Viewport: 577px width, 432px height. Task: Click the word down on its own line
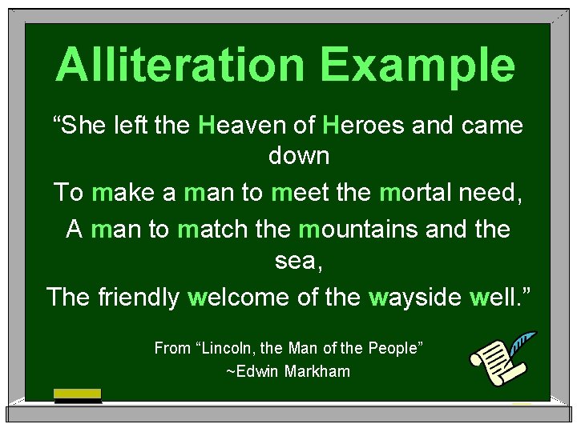(x=299, y=155)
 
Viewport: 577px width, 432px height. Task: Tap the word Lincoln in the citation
(x=238, y=348)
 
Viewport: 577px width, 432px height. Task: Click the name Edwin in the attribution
(x=255, y=371)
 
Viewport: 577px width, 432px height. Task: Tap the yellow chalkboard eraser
(x=77, y=394)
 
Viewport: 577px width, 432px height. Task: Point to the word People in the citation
(x=395, y=348)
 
